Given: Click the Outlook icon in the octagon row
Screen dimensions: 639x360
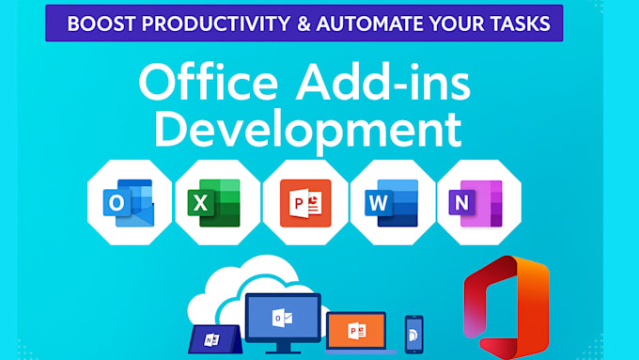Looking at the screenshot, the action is pos(129,203).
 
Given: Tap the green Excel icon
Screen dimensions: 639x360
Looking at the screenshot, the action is pos(214,203).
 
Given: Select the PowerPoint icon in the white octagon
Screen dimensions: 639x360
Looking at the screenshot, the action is pos(305,203).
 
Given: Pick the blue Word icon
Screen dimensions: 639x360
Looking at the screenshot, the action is pos(392,203).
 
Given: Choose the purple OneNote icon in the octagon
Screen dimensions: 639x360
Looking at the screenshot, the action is pos(475,203).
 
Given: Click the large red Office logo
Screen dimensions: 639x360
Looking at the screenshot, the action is pos(507,306).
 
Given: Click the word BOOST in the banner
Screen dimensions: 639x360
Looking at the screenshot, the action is pos(101,23).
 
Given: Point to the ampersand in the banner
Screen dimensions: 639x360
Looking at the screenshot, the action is pos(304,23).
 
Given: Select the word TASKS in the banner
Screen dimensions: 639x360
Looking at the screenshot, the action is pos(520,23).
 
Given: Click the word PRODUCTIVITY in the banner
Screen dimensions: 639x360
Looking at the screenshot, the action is pos(216,23).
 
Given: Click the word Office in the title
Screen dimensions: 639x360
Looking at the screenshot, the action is pos(209,82).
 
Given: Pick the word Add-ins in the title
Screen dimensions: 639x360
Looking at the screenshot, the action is pos(383,82).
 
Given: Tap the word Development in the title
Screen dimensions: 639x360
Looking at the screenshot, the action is pos(308,130).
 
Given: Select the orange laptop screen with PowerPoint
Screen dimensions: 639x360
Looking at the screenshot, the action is pos(356,331).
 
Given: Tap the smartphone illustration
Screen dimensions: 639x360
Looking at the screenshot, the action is pos(414,335).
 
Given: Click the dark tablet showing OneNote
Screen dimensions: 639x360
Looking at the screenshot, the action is pos(215,339).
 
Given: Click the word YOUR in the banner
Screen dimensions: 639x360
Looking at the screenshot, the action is pos(457,23).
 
